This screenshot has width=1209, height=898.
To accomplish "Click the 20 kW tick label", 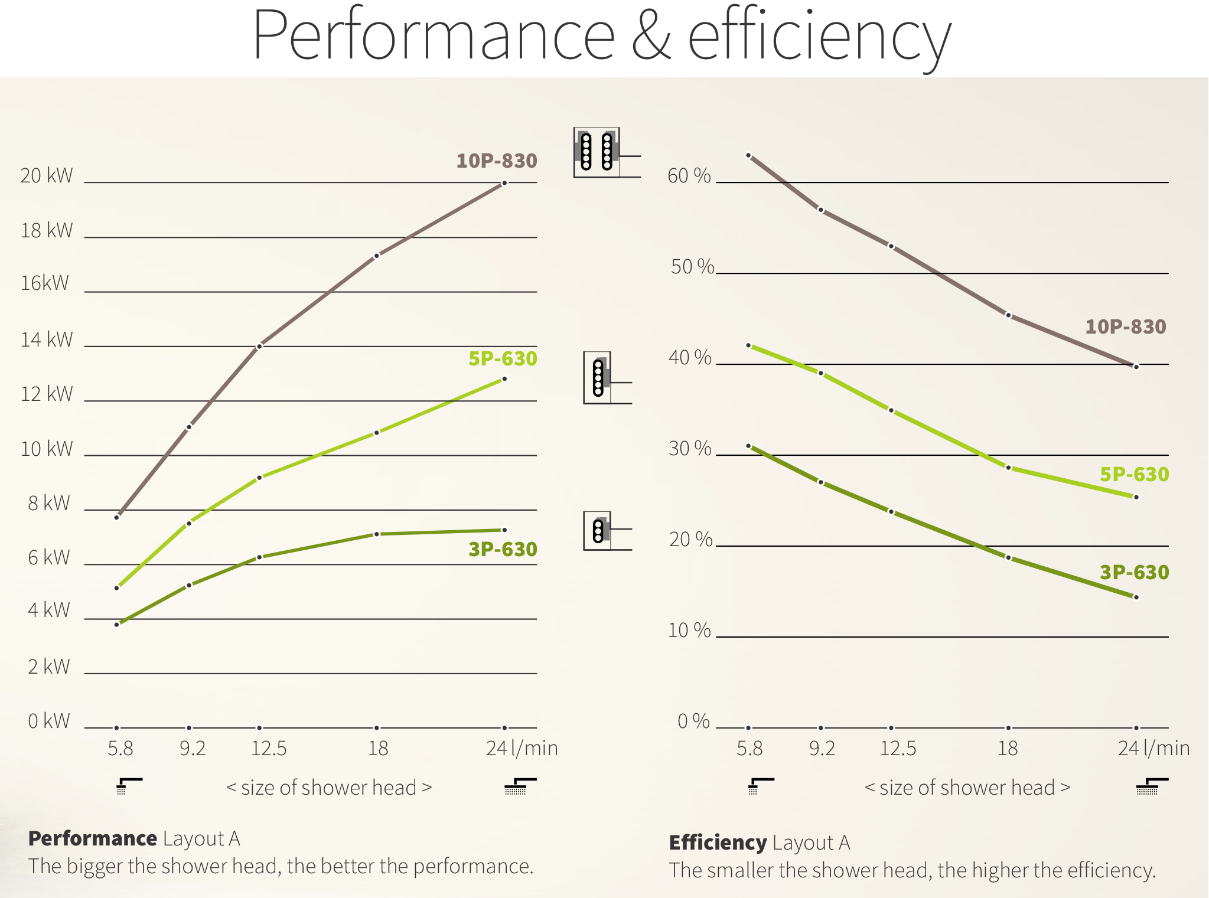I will [x=46, y=175].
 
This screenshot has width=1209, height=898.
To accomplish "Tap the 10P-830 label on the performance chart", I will [x=496, y=161].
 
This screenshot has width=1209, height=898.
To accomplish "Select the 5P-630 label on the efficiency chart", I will [x=1134, y=474].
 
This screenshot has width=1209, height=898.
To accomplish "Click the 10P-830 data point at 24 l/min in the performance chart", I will [x=504, y=183].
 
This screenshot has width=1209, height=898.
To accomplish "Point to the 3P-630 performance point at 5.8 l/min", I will [x=117, y=624].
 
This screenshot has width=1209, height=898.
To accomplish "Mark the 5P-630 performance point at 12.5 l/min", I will [x=259, y=478].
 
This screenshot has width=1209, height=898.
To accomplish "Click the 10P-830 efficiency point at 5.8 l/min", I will [x=748, y=155].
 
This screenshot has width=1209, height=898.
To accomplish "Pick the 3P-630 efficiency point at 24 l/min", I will [x=1136, y=597].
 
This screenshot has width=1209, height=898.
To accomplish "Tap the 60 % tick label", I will [x=689, y=175].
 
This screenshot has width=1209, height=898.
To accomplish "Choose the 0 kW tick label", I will [x=48, y=721].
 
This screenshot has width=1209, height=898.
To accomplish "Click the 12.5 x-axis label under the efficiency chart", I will [x=898, y=749].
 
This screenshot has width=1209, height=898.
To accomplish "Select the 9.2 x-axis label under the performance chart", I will [x=193, y=749].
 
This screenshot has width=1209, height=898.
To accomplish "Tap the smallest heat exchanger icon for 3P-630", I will [x=598, y=530].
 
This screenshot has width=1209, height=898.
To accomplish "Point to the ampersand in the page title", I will [x=651, y=35].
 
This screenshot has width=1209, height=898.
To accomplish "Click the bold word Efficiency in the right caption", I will [x=718, y=843].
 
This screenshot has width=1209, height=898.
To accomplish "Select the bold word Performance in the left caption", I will [x=92, y=838].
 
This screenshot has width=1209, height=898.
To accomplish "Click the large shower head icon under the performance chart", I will [x=520, y=786].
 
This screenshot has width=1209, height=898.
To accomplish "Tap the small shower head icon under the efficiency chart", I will [x=760, y=786].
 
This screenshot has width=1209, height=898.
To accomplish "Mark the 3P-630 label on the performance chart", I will [x=502, y=549].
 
